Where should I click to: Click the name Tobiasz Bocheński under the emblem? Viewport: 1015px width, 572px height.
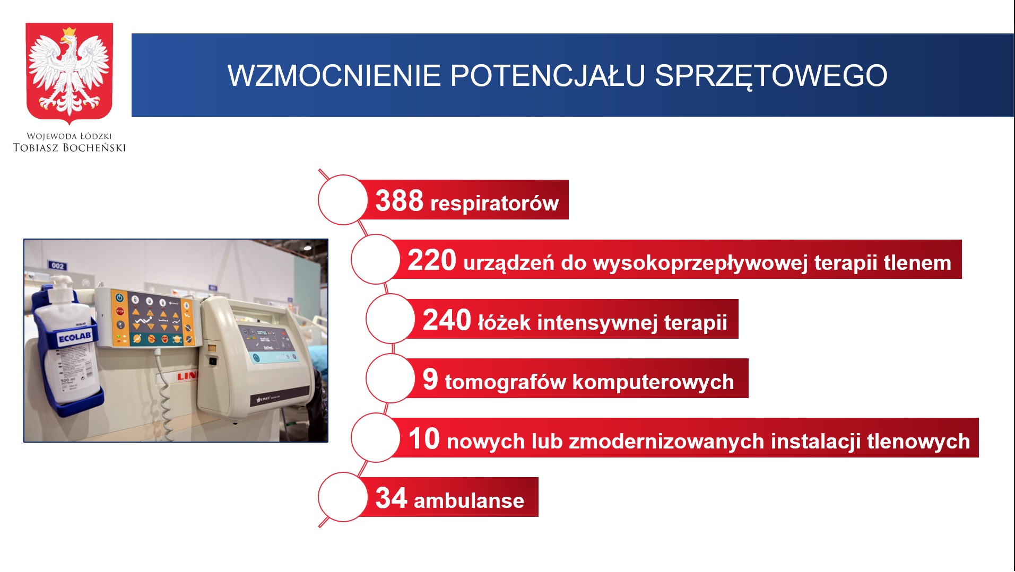(x=70, y=148)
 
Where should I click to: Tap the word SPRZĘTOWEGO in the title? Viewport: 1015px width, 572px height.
(x=771, y=76)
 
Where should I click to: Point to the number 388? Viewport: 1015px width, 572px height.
(x=400, y=201)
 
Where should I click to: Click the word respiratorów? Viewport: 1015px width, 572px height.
(x=495, y=204)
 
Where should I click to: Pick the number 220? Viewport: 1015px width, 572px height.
(x=432, y=260)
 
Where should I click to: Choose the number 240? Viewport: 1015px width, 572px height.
(x=447, y=320)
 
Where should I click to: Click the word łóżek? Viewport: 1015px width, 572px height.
(x=504, y=322)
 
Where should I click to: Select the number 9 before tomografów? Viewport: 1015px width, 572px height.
(x=430, y=379)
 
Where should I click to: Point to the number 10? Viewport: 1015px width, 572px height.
(x=424, y=438)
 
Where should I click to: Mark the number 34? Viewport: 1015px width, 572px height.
(x=392, y=498)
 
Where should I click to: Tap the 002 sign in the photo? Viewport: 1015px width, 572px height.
(x=57, y=265)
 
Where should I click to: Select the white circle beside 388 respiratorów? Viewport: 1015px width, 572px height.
(x=343, y=200)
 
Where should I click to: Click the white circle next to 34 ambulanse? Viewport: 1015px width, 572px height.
(x=343, y=497)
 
